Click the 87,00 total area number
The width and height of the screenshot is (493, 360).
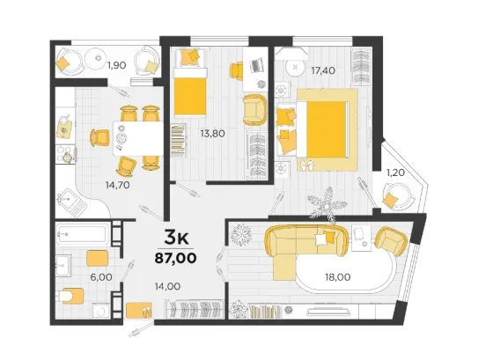175,258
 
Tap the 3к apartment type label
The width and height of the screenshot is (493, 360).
176,238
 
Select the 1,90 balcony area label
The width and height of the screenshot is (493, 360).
116,65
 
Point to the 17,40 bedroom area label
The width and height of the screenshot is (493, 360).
323,70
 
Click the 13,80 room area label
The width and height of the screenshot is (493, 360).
213,133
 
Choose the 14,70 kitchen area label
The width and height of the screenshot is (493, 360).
118,185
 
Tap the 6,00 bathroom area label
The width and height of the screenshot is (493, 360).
101,277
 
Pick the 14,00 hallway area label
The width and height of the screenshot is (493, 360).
167,286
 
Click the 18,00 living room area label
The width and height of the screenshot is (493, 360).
338,277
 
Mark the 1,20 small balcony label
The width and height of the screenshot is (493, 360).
395,173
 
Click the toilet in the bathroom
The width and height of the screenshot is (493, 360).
70,296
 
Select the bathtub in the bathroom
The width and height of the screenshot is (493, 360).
82,233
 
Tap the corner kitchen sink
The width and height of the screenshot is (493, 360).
71,202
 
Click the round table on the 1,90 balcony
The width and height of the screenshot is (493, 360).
99,58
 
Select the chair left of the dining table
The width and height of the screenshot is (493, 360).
100,137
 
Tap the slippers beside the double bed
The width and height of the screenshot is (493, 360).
307,165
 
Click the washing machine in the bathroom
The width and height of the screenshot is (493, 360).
101,311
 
